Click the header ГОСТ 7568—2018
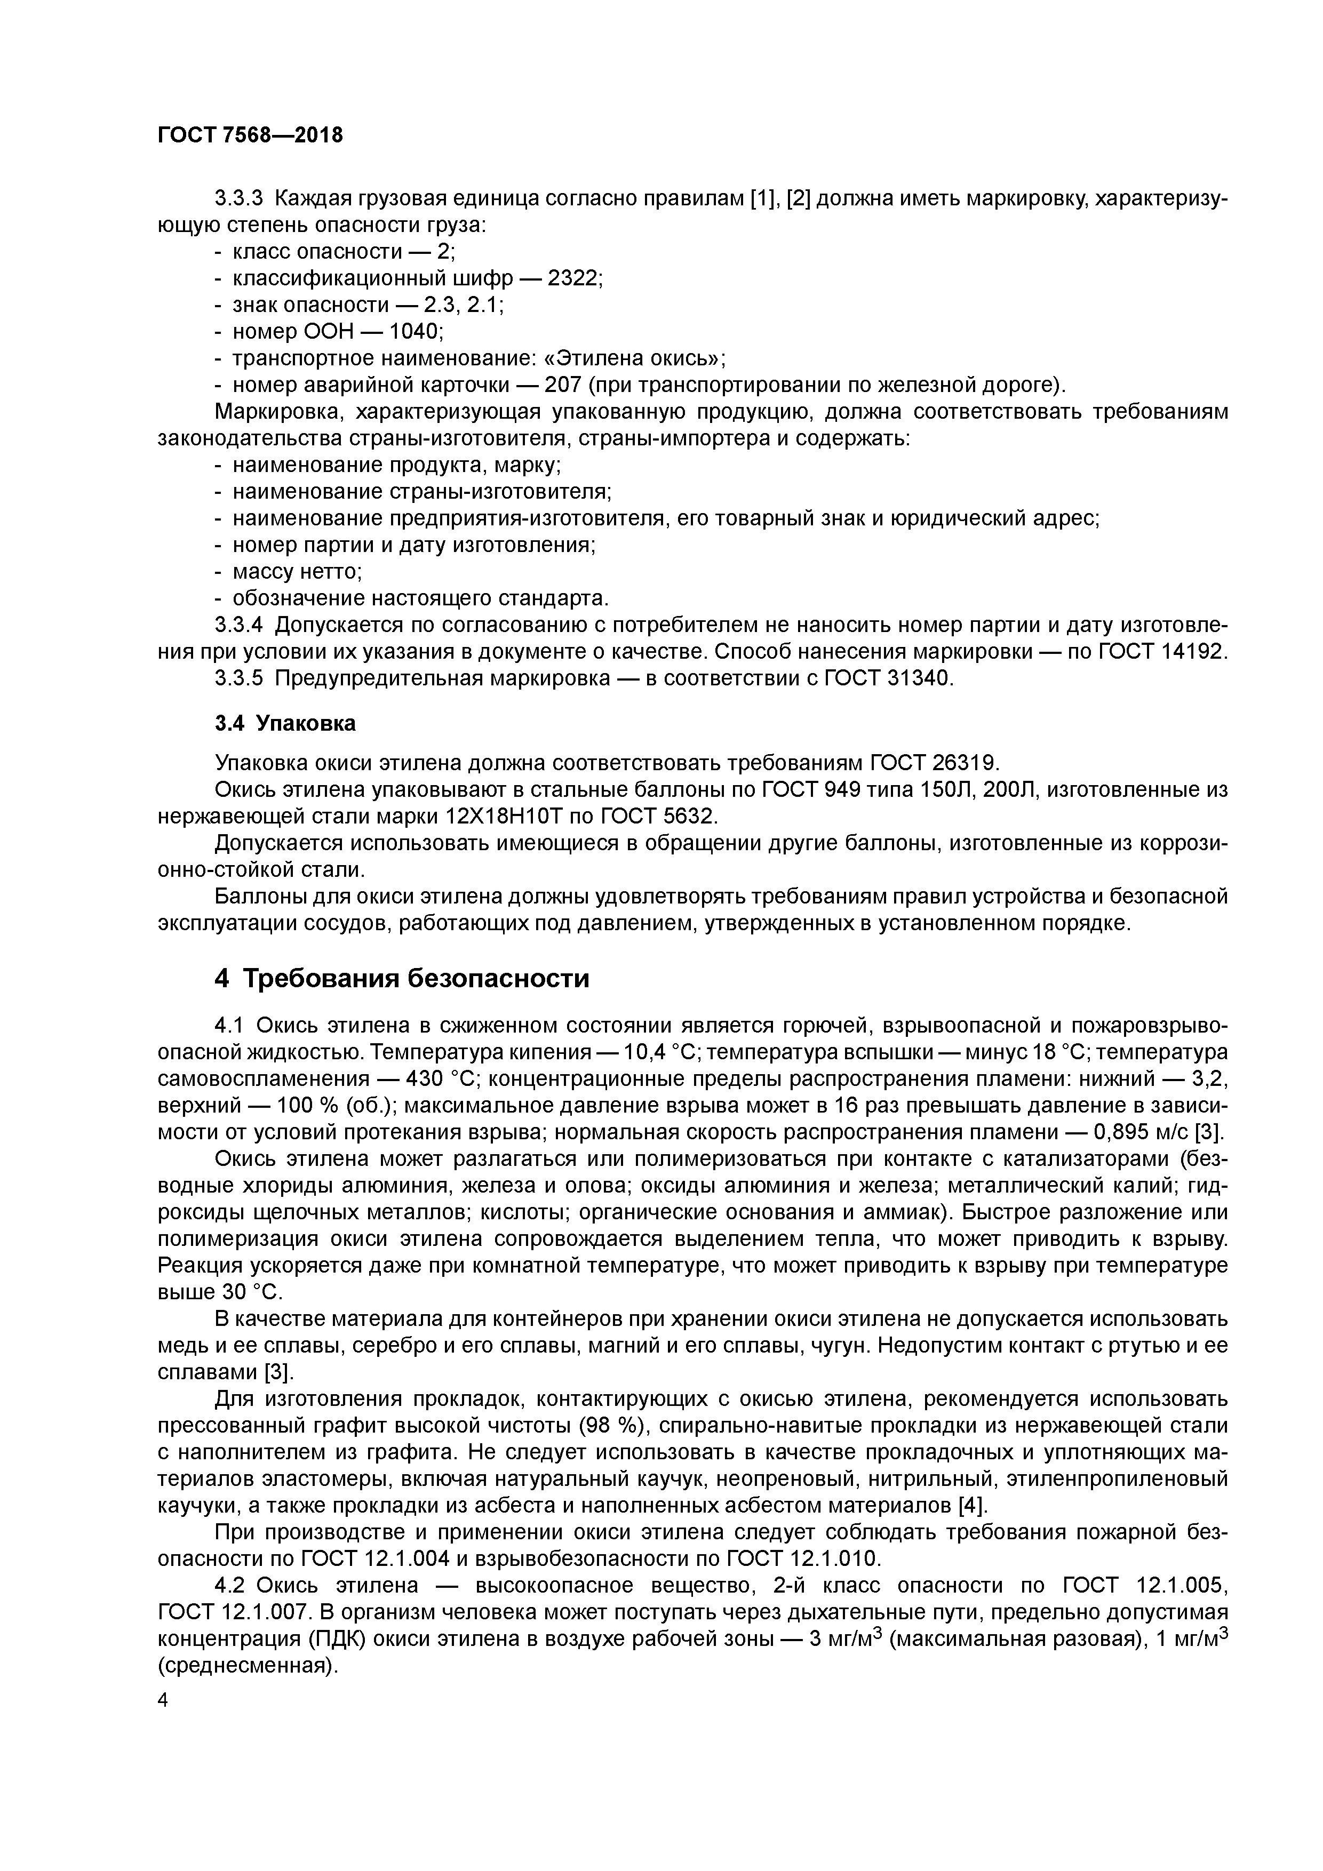point(250,135)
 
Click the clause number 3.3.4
point(239,625)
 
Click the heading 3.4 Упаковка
point(284,723)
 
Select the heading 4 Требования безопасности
point(401,977)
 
